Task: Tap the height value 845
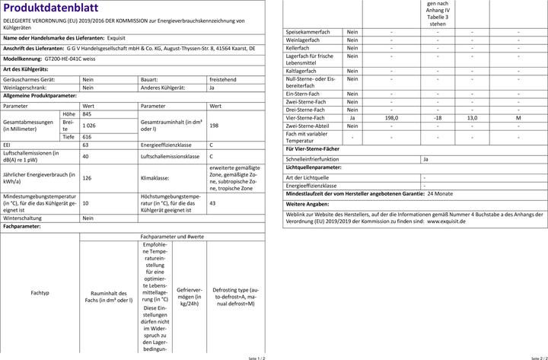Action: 86,113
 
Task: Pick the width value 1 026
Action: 89,125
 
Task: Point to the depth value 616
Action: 86,136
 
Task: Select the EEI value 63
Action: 85,145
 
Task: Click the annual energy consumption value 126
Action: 86,177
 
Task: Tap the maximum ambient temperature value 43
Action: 212,204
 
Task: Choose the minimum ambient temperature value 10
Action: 84,204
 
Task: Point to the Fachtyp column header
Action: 40,292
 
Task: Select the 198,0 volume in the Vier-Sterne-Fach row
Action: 391,118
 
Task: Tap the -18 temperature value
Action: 438,118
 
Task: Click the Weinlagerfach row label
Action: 302,40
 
